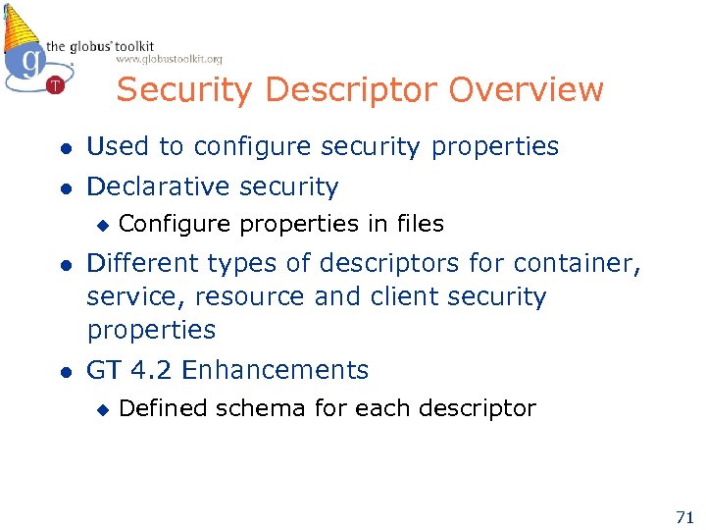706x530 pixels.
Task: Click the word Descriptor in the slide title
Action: tap(358, 90)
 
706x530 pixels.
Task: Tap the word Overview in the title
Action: tap(527, 90)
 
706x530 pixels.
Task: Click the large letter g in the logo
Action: tap(31, 61)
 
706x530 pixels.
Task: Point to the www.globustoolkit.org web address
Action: tap(169, 59)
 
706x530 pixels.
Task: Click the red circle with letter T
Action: tap(55, 85)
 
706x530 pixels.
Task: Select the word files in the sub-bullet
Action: tap(420, 224)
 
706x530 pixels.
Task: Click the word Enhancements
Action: tap(276, 370)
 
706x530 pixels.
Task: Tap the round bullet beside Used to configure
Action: tap(64, 148)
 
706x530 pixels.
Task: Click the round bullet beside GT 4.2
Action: tap(64, 371)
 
